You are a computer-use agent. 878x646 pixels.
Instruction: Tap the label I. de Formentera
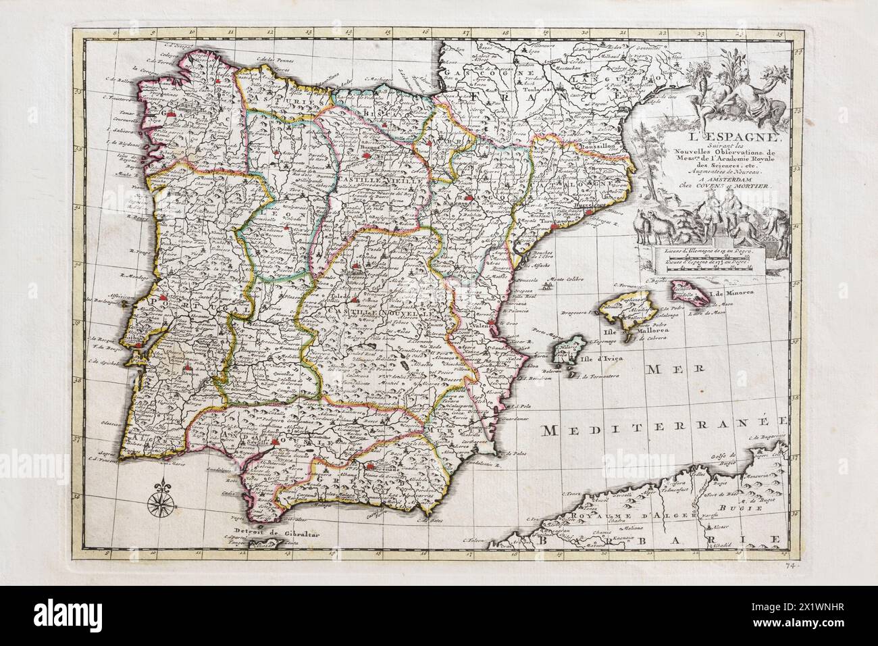[x=598, y=378]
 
